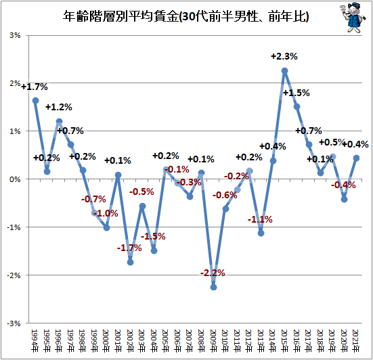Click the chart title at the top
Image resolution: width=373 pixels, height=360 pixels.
coord(185,16)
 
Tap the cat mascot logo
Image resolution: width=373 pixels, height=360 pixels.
coord(352,18)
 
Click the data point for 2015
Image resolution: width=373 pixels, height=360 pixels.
coord(284,71)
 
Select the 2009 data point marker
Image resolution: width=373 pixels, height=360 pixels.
coord(214,287)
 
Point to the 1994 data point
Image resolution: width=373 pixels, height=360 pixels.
coord(36,101)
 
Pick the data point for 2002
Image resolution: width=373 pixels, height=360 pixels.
coord(131,263)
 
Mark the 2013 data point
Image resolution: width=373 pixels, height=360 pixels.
coord(261,233)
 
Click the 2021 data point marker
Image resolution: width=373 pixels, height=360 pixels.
coord(356,158)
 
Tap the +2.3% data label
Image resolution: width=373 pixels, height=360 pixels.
coord(284,56)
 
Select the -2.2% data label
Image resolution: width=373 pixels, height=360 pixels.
coord(213,273)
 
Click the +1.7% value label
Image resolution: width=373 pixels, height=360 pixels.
coord(35,87)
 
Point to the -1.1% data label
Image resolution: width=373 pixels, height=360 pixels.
coord(260,219)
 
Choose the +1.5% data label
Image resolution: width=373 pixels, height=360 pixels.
coord(297,93)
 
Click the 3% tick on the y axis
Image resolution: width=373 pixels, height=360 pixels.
coord(15,35)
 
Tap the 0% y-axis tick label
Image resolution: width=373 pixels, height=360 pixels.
coord(15,179)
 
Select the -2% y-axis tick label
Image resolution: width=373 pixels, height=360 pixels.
coord(14,275)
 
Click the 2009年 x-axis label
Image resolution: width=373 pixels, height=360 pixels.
coord(213,340)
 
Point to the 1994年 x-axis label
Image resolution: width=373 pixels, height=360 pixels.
coord(35,340)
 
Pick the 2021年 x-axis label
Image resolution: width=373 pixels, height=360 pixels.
coord(356,340)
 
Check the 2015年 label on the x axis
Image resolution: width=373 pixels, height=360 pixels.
coord(284,340)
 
